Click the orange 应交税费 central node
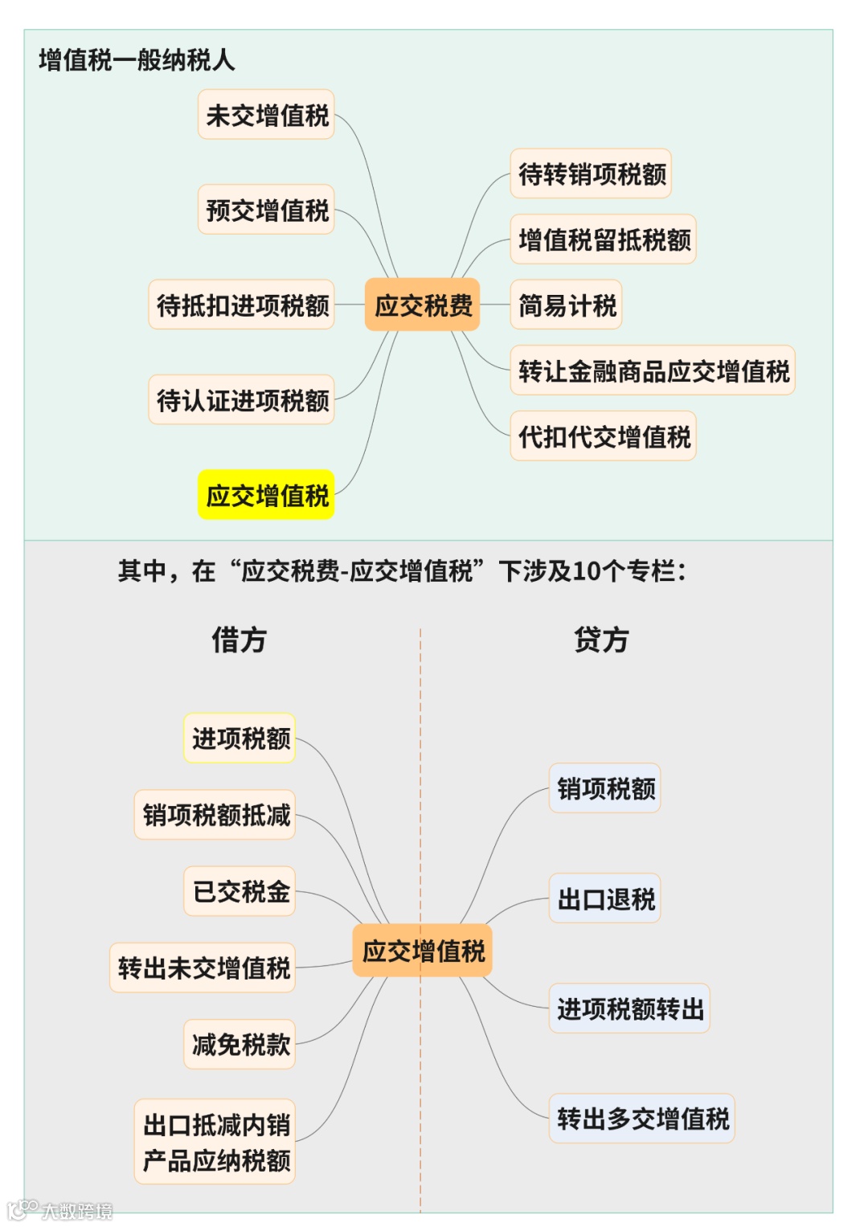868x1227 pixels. coord(422,305)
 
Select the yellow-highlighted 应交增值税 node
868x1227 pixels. coord(266,495)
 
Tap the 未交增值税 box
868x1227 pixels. coord(266,115)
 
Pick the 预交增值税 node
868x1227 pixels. coord(266,210)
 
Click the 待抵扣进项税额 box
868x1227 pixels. coord(241,305)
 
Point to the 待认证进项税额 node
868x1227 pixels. coord(241,399)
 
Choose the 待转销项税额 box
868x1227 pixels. coord(591,174)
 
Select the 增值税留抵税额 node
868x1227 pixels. coord(603,239)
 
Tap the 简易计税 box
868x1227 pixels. coord(566,305)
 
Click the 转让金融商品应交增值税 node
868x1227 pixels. coord(653,370)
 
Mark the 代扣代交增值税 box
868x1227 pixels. coord(603,436)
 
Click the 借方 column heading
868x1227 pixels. coord(239,640)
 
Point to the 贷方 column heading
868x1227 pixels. coord(601,640)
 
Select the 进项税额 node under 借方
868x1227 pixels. coord(240,738)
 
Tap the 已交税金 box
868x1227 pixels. coord(240,891)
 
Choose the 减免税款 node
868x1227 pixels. coord(240,1044)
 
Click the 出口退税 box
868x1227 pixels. coord(604,898)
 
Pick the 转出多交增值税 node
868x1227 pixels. coord(641,1118)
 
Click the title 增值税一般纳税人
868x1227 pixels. coord(137,60)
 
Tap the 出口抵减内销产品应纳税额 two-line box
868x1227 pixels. coord(215,1141)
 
